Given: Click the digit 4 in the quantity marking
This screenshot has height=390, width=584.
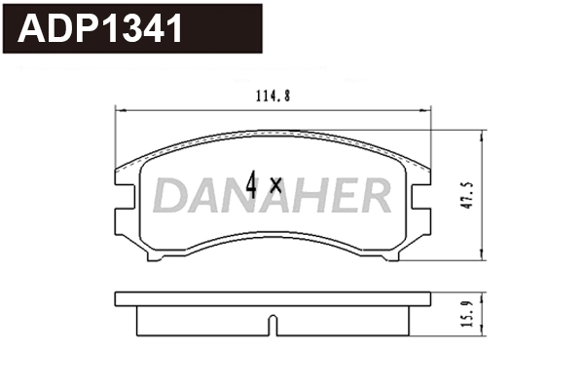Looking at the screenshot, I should point(252,184).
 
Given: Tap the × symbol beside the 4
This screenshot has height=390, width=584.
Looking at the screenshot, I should point(275,185).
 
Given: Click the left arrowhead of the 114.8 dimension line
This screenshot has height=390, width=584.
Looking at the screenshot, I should point(120,108).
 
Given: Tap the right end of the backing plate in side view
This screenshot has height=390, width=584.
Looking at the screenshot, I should point(428,297).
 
